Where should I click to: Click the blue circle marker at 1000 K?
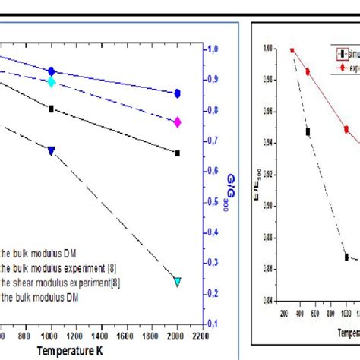(52, 71)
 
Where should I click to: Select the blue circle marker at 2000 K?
(178, 93)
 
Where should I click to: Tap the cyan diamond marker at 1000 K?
(52, 81)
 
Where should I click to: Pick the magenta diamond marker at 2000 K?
(178, 122)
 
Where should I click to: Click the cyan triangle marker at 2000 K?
(178, 281)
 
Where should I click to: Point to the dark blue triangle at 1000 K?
(52, 151)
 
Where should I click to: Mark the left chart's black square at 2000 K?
(178, 153)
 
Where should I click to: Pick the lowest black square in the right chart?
(346, 257)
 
